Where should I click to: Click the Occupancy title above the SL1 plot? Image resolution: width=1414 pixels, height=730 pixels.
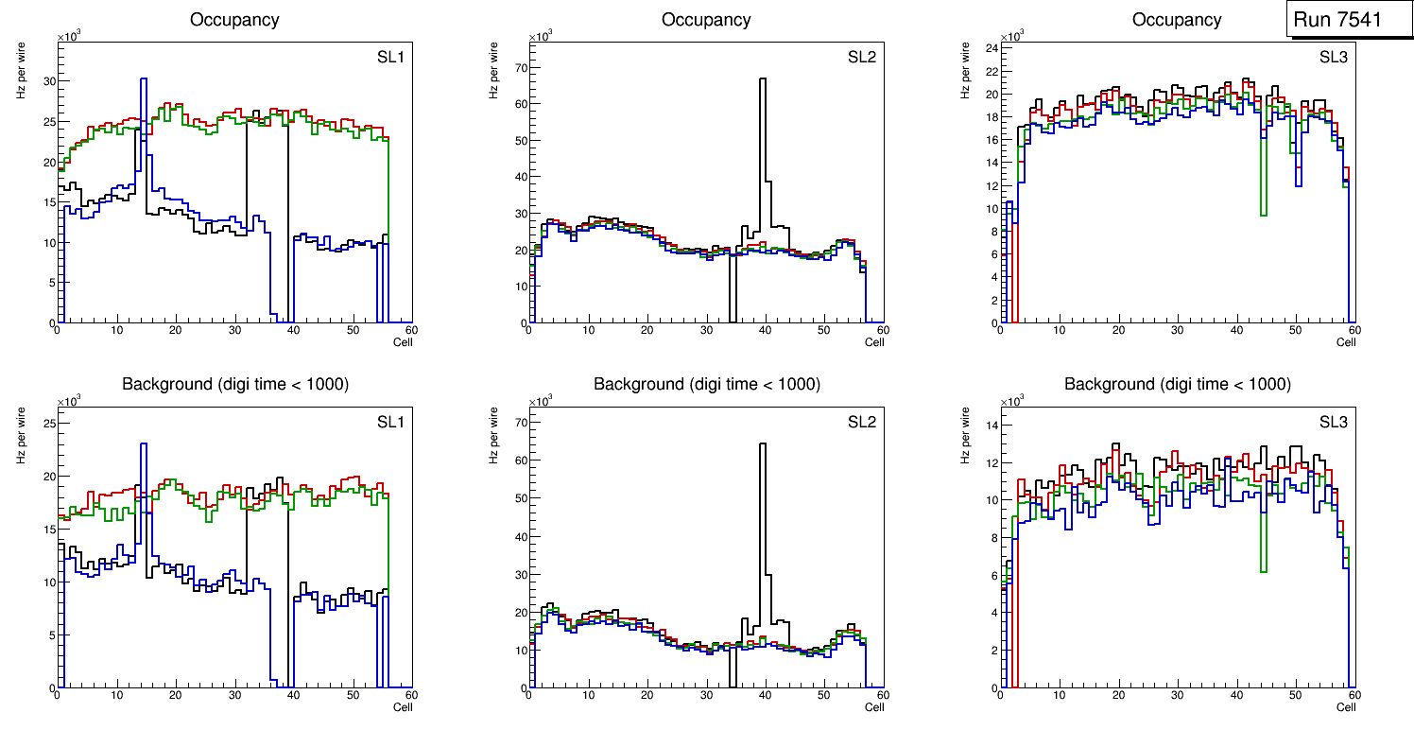coord(234,20)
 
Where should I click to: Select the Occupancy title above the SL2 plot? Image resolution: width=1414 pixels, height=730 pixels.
coord(706,20)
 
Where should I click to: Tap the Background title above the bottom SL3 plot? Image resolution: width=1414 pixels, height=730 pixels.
coord(1177,384)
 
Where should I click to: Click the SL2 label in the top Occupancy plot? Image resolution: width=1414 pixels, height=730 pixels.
coord(862,58)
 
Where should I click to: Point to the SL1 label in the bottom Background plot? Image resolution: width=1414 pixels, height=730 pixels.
coord(390,422)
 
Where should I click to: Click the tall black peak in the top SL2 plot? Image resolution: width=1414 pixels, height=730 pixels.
coord(763,79)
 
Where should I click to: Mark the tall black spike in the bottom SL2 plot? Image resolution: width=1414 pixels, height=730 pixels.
coord(763,444)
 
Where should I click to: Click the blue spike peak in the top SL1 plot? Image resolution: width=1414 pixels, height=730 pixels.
coord(144,79)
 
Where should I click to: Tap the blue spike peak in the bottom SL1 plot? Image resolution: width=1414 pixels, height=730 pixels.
coord(144,444)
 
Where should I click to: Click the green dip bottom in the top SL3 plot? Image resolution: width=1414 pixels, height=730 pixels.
coord(1264,215)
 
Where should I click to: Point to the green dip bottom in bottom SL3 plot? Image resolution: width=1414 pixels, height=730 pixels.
coord(1264,570)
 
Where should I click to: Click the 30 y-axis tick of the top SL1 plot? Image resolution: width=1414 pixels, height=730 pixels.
coord(50,81)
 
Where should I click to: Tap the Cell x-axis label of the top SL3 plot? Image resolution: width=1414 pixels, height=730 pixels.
coord(1346,342)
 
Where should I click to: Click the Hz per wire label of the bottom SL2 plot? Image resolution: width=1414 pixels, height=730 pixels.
coord(492,435)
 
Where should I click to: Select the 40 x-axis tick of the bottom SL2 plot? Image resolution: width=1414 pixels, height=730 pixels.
coord(765,696)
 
